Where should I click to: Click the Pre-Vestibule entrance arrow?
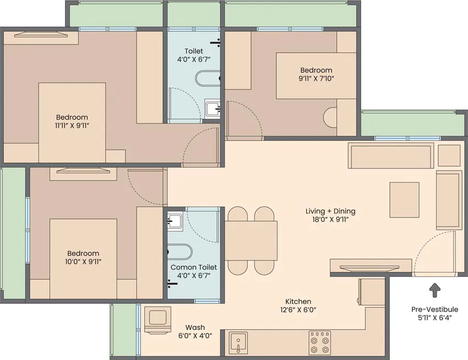[x=434, y=290]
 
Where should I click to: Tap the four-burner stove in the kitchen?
[x=320, y=342]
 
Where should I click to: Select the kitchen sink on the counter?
[x=238, y=343]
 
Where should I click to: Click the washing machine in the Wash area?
[x=157, y=319]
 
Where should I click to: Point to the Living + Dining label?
[x=330, y=211]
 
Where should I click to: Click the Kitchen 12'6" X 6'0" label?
[x=298, y=306]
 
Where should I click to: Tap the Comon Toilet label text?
[x=194, y=267]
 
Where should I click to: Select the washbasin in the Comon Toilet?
[x=175, y=221]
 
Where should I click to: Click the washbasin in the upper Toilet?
[x=213, y=109]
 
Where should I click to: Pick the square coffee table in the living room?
[x=405, y=200]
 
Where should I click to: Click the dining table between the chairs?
[x=251, y=241]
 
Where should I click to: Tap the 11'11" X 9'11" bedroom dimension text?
[x=72, y=126]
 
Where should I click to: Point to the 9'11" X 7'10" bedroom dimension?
[x=316, y=79]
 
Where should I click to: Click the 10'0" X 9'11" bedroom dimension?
[x=83, y=261]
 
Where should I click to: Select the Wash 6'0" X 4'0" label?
[x=195, y=331]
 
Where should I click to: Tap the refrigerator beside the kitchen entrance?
[x=372, y=292]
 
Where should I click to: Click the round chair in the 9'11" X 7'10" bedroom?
[x=330, y=117]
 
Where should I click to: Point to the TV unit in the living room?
[x=371, y=266]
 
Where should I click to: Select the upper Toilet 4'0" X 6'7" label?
[x=194, y=55]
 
